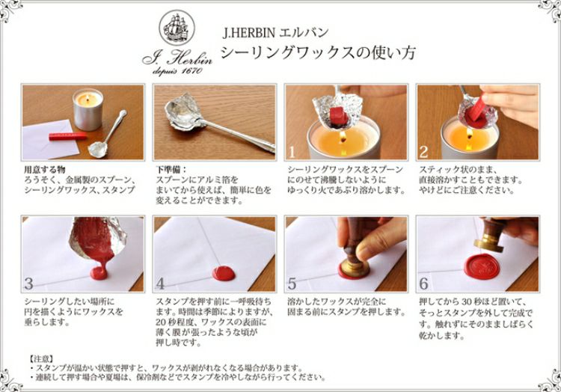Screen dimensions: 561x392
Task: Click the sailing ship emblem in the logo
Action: pos(177,28)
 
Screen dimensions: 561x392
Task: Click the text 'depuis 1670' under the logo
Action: pos(177,70)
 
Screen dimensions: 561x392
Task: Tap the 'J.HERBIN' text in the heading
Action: pos(248,33)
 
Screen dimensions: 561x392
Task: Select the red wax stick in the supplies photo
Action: pos(67,136)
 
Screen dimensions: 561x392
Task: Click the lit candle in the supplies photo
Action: pos(88,109)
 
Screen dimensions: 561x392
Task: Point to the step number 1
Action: pos(292,153)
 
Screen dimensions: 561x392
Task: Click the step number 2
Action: pos(423,153)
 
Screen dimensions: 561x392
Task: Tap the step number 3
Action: pos(28,284)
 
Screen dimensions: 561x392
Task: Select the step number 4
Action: pos(160,284)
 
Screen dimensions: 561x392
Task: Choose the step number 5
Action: pos(292,284)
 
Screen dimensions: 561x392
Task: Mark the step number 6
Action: pos(423,284)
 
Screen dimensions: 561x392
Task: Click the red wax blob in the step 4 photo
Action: pos(224,273)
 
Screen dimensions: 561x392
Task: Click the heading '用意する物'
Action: pos(44,169)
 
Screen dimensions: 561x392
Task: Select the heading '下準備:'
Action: pos(172,169)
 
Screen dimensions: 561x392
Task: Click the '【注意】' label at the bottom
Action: pos(41,358)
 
